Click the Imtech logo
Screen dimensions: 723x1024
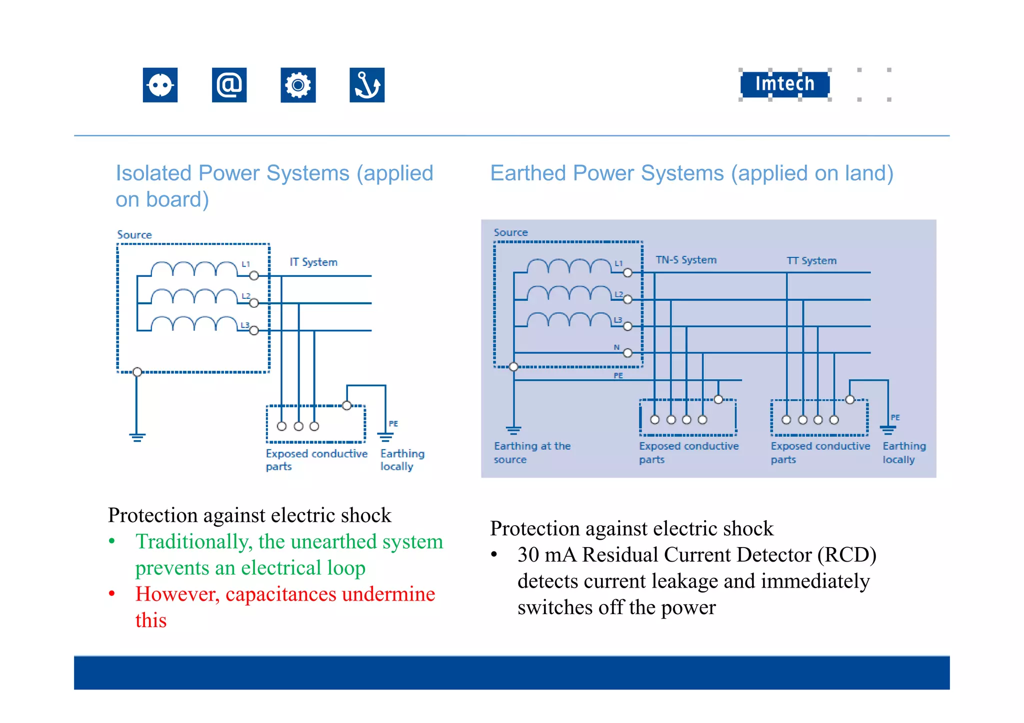click(x=784, y=84)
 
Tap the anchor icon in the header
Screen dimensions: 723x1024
click(x=367, y=85)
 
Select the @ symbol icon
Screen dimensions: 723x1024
click(x=229, y=85)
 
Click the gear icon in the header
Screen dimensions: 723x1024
click(x=298, y=85)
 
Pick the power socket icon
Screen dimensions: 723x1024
click(x=160, y=85)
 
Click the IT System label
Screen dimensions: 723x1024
click(x=313, y=262)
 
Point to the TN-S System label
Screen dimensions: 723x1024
click(x=686, y=260)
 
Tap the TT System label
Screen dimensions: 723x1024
click(x=811, y=261)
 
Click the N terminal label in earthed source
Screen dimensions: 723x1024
click(x=616, y=347)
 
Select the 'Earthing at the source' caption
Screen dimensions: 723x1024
click(x=531, y=452)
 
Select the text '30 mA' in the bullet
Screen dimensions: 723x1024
click(x=546, y=555)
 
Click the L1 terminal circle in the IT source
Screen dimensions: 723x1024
click(x=254, y=276)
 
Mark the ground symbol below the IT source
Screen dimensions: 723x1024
click(x=137, y=437)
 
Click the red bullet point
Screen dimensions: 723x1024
click(x=112, y=594)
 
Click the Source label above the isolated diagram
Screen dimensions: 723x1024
click(x=134, y=235)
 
